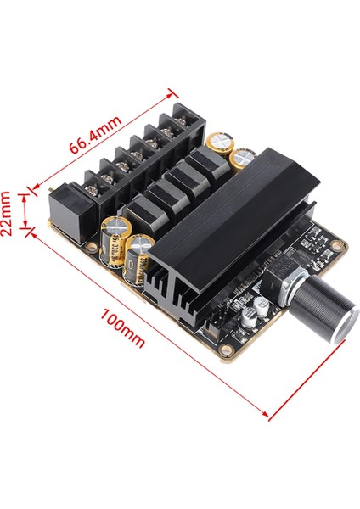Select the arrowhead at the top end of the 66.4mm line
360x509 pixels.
pos(173,91)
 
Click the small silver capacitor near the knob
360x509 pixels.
pos(247,315)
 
